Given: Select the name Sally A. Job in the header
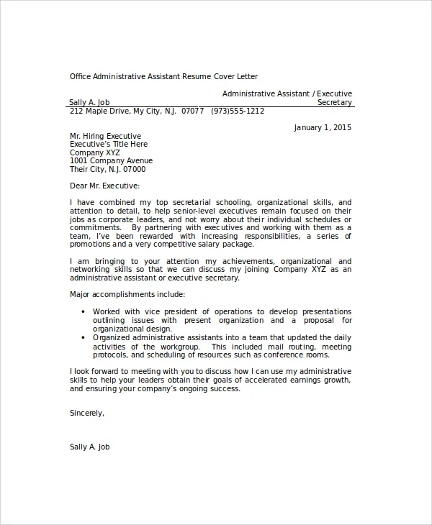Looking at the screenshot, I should click(x=90, y=102).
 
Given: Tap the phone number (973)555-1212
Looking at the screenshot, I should click(x=238, y=111).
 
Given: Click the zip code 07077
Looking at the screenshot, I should click(x=193, y=111).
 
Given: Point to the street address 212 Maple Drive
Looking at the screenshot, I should click(x=98, y=111).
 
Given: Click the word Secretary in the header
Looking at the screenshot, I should click(x=335, y=102).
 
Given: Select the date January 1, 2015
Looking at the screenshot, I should click(x=323, y=127).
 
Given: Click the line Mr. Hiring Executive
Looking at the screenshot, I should click(x=105, y=136).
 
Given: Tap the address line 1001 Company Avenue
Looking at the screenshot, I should click(x=111, y=160).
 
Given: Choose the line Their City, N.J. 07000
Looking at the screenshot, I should click(x=107, y=169).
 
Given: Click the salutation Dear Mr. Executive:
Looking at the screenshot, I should click(x=104, y=186).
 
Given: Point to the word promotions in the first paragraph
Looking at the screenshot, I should click(x=90, y=245).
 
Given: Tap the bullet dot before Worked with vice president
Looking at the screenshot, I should click(x=85, y=311).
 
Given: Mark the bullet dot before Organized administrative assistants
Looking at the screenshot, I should click(x=85, y=337).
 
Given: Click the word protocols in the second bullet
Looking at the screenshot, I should click(x=112, y=355).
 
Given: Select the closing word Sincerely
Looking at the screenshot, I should click(x=86, y=413).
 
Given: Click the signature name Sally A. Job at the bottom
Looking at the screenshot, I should click(x=90, y=446).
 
